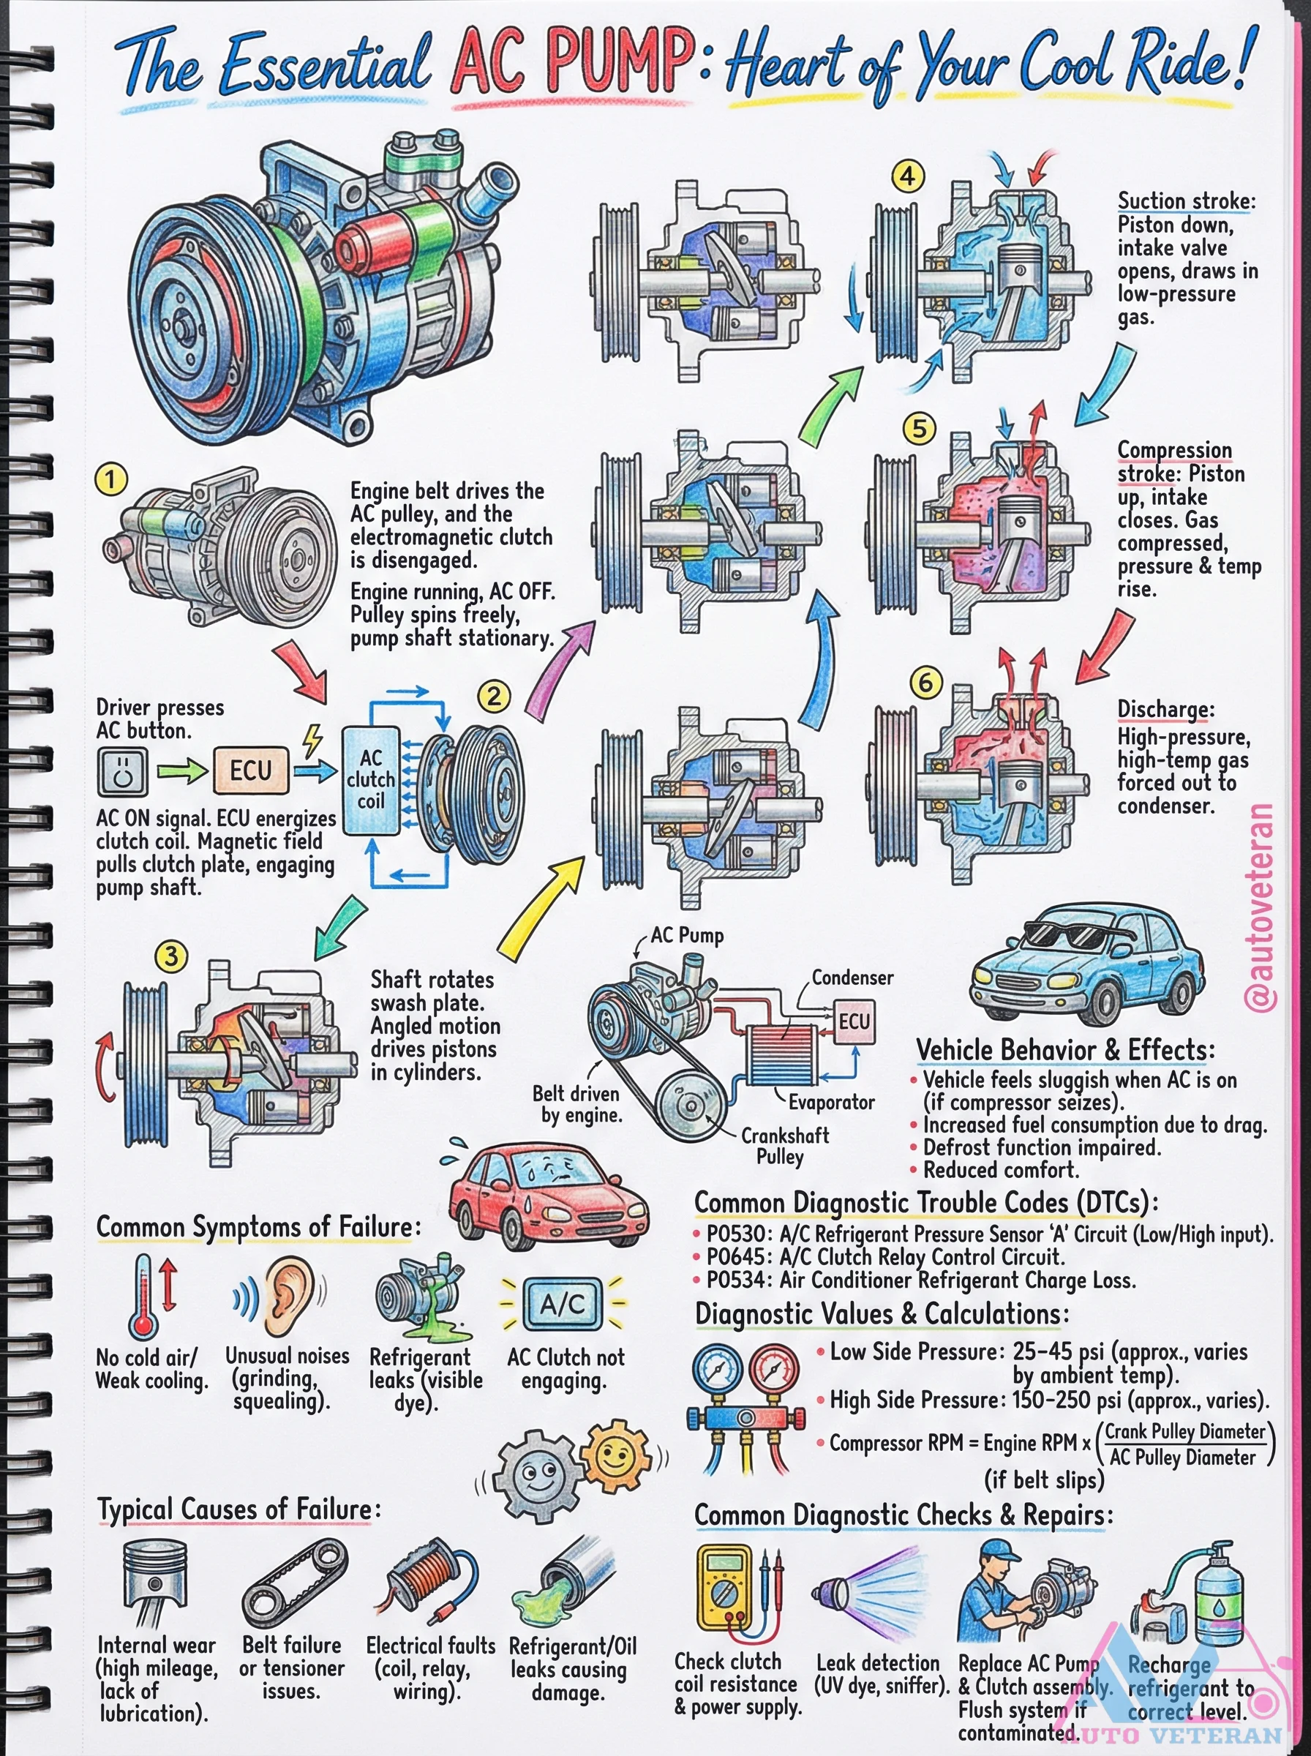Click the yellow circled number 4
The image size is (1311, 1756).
[908, 176]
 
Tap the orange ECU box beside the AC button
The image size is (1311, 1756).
[250, 770]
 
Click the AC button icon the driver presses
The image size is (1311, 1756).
[123, 771]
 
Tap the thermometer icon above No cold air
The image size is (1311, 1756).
[143, 1296]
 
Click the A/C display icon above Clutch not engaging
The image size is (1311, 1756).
[563, 1304]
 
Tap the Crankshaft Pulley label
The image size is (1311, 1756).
[784, 1146]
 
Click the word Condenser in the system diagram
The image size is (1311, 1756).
[852, 978]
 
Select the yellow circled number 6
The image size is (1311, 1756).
[925, 683]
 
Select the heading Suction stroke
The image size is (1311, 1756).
[1186, 200]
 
